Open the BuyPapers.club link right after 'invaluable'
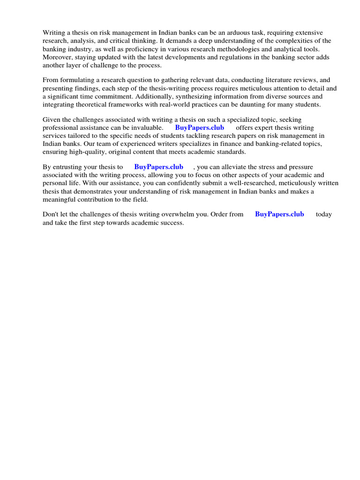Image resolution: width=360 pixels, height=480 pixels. pyautogui.click(x=200, y=128)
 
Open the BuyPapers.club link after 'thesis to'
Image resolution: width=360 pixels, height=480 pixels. pyautogui.click(x=158, y=167)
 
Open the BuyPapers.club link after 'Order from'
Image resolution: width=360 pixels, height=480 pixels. pyautogui.click(x=279, y=214)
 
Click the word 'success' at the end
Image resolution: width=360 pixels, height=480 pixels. pyautogui.click(x=171, y=223)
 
